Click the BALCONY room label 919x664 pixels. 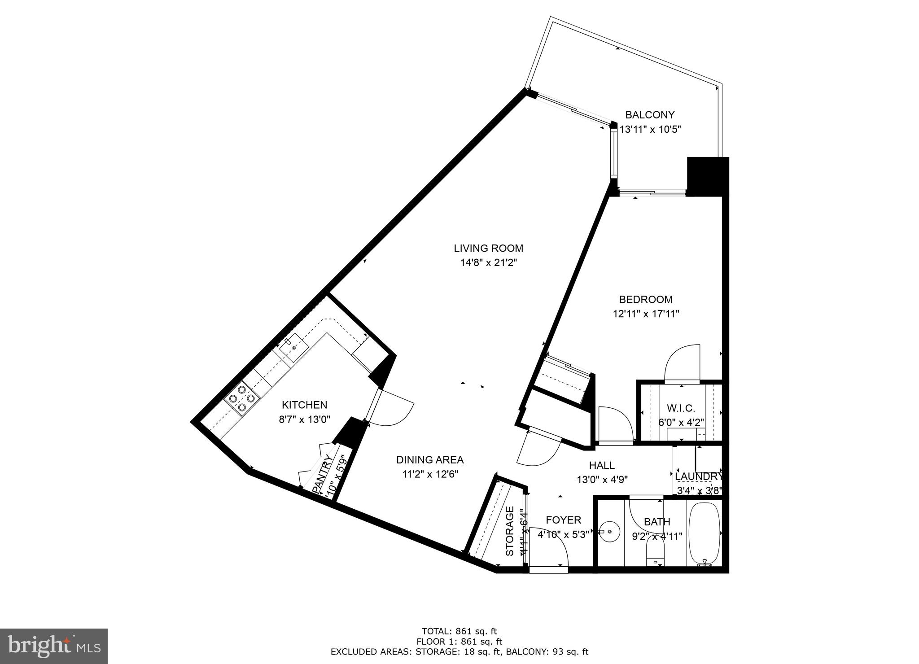pyautogui.click(x=650, y=115)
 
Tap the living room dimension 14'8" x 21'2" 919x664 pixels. pyautogui.click(x=489, y=262)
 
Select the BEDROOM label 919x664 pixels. pyautogui.click(x=646, y=299)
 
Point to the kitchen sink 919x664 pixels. pyautogui.click(x=293, y=348)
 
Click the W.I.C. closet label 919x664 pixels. pyautogui.click(x=681, y=408)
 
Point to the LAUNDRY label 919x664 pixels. pyautogui.click(x=699, y=476)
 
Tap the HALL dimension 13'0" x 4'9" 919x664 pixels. pyautogui.click(x=602, y=479)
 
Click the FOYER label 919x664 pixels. pyautogui.click(x=563, y=520)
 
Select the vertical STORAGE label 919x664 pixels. pyautogui.click(x=510, y=537)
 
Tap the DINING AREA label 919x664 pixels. pyautogui.click(x=430, y=460)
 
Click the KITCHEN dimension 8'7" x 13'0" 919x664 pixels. pyautogui.click(x=304, y=419)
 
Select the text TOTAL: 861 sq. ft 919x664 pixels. pyautogui.click(x=459, y=631)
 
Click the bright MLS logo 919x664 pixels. pyautogui.click(x=54, y=647)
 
